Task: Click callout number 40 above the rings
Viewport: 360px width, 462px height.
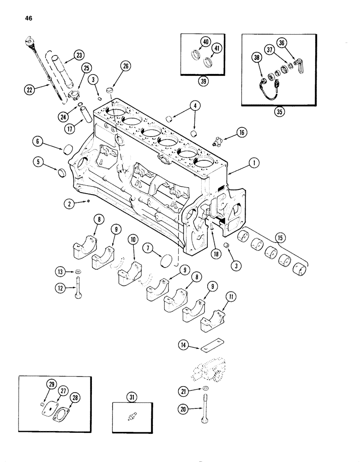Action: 204,42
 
